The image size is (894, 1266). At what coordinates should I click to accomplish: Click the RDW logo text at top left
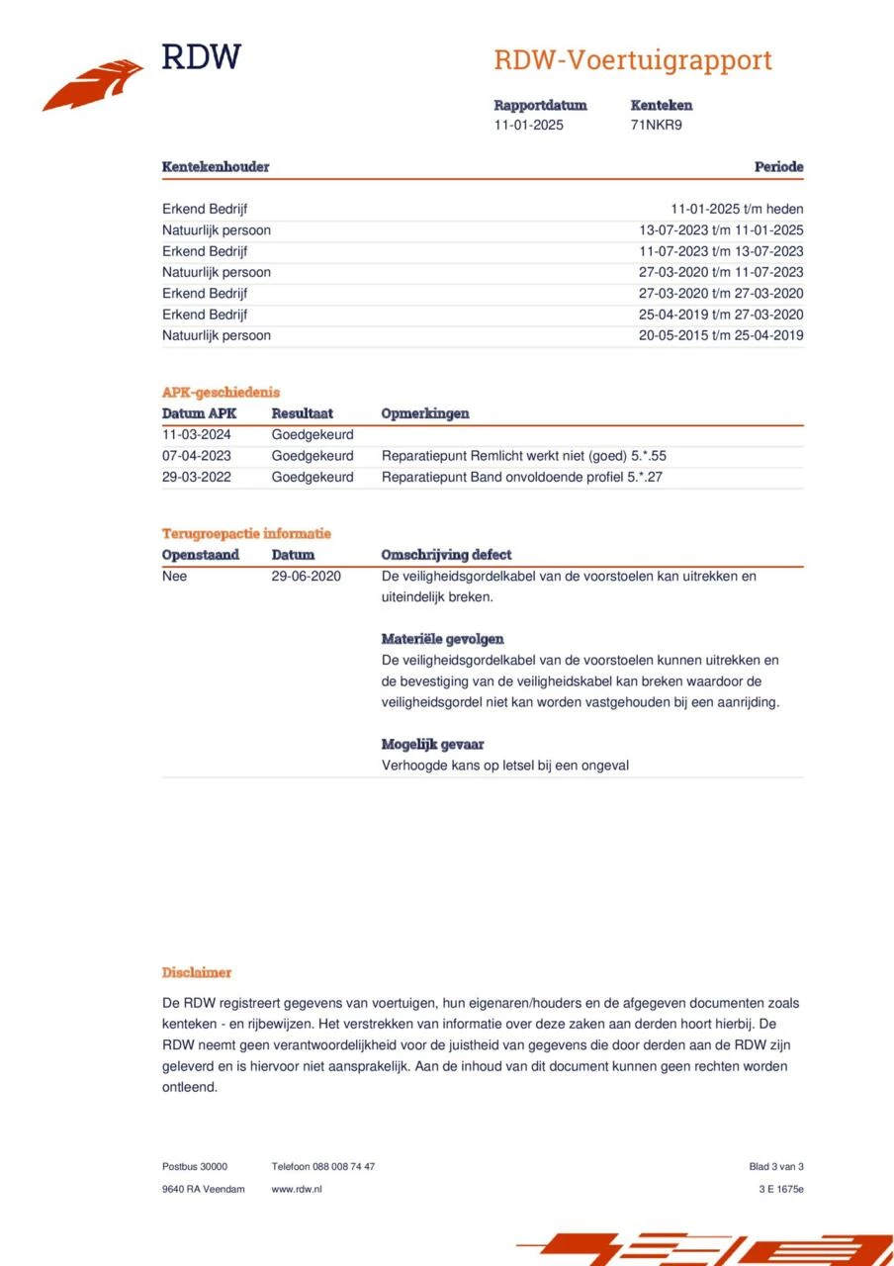click(x=201, y=56)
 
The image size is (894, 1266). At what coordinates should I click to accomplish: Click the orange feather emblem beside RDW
click(x=93, y=86)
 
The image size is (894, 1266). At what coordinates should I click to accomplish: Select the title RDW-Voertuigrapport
click(x=632, y=60)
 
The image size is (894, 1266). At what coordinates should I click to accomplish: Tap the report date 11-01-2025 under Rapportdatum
click(x=529, y=125)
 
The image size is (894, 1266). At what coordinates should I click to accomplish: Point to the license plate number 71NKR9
click(x=657, y=125)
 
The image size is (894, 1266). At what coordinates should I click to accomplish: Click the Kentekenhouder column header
click(x=216, y=166)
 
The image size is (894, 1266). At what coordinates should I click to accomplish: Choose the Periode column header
click(x=778, y=166)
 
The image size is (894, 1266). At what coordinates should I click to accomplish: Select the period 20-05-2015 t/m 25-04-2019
click(x=721, y=335)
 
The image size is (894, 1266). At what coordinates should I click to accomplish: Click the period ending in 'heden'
click(x=737, y=209)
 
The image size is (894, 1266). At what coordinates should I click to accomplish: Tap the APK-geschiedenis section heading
click(x=221, y=392)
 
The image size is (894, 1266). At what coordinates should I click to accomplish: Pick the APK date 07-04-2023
click(x=197, y=456)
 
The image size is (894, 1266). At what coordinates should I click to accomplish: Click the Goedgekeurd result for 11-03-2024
click(x=313, y=434)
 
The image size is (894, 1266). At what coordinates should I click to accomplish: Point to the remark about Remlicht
click(x=531, y=456)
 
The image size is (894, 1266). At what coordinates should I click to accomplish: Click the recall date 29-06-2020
click(x=307, y=576)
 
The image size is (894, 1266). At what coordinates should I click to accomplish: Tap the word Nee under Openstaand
click(x=174, y=576)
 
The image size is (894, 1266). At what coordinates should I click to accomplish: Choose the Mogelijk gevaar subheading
click(x=432, y=744)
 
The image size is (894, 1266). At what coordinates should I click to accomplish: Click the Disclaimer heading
click(x=197, y=972)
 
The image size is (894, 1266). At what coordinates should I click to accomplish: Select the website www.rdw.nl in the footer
click(x=297, y=1189)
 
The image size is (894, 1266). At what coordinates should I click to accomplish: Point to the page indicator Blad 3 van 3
click(x=776, y=1166)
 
